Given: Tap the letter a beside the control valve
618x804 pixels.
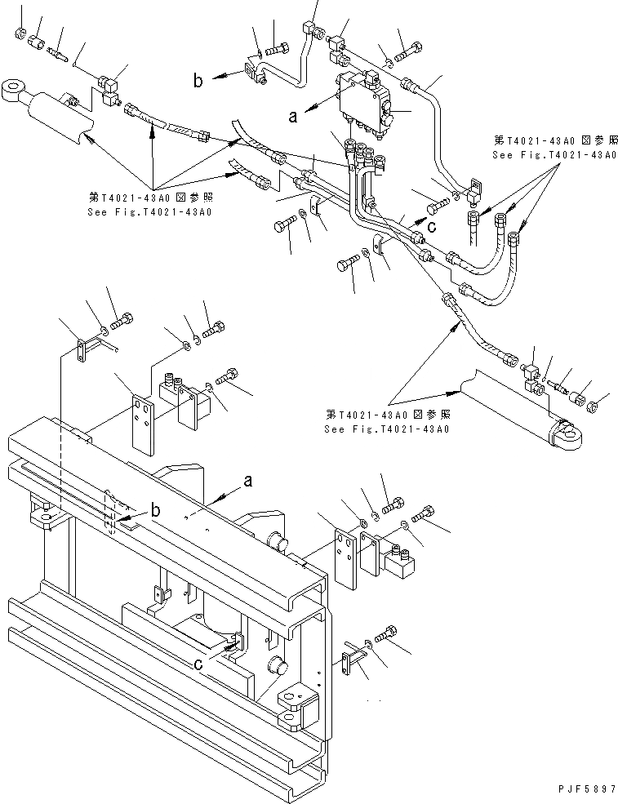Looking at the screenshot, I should pyautogui.click(x=293, y=116).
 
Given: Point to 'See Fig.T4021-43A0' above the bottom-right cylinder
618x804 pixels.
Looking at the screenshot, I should pyautogui.click(x=386, y=428).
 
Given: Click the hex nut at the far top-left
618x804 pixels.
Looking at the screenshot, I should pyautogui.click(x=20, y=34).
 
